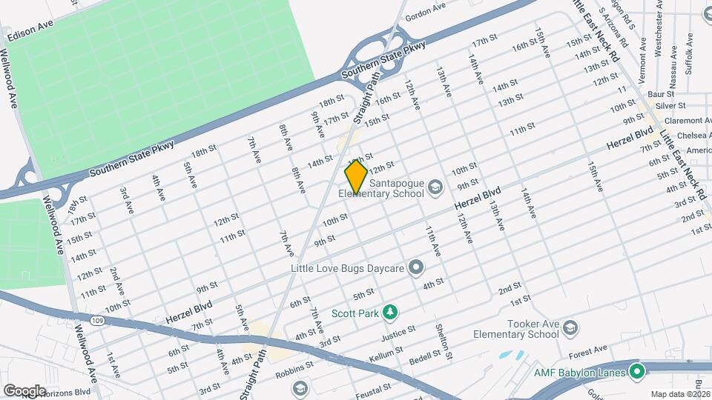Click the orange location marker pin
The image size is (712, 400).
tap(356, 177)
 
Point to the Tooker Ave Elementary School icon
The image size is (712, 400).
tap(570, 327)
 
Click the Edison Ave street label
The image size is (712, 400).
tap(31, 35)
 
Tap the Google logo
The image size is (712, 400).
tap(24, 390)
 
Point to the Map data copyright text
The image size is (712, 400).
tap(676, 393)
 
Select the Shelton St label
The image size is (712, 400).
tap(444, 341)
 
